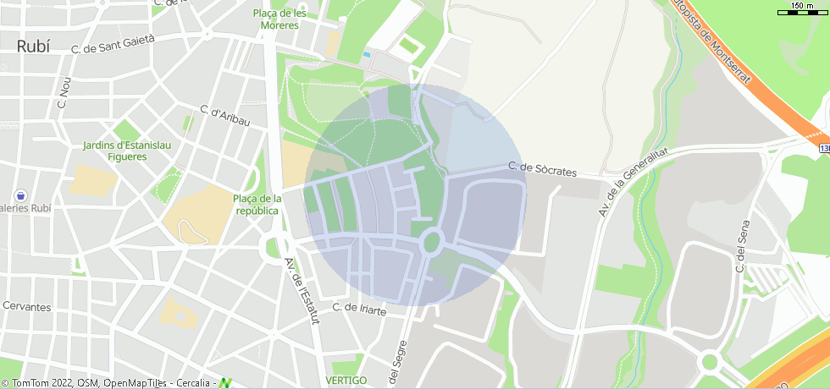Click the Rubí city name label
(x=33, y=47)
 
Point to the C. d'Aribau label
(x=225, y=116)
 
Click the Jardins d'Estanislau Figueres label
(x=127, y=151)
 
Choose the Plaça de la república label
(x=257, y=204)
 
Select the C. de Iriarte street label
(x=359, y=310)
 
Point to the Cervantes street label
(x=26, y=306)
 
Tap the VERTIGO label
(x=346, y=381)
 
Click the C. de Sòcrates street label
(x=542, y=169)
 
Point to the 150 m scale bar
(x=802, y=10)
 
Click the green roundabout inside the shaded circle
(x=432, y=243)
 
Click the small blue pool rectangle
(x=366, y=55)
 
